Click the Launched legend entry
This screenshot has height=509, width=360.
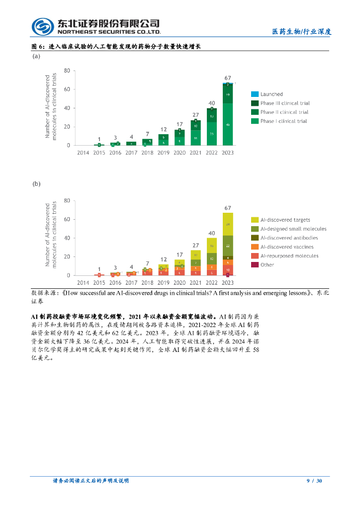271,94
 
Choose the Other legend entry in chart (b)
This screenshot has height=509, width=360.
267,265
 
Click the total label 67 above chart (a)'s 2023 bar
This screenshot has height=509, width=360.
228,78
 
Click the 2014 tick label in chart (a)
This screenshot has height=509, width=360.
83,153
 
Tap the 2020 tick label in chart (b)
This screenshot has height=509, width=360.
180,283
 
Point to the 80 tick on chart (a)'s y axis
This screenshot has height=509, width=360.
67,71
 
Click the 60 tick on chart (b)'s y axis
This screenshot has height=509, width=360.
67,219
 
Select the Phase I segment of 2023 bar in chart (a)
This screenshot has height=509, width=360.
228,124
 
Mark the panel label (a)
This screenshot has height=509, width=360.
36,57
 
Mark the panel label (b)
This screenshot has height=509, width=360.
36,183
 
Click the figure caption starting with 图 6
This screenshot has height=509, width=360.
116,46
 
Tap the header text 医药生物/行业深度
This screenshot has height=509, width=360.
301,31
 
